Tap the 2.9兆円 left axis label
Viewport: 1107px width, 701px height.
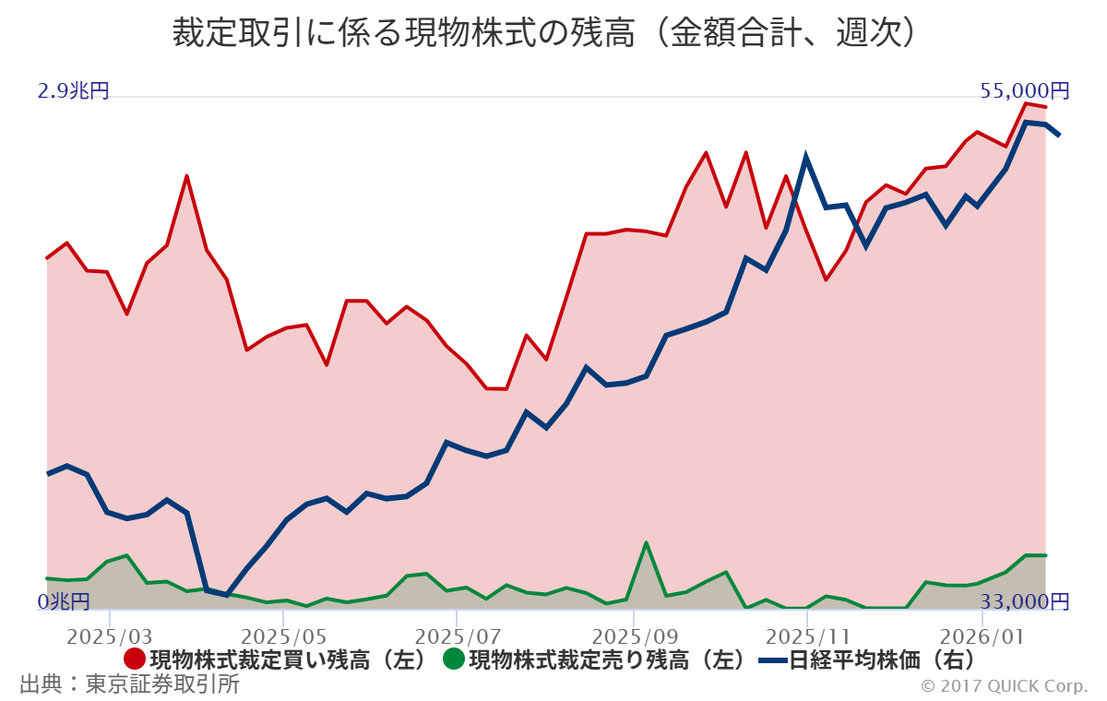pyautogui.click(x=73, y=91)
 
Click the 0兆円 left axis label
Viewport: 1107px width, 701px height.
pyautogui.click(x=64, y=602)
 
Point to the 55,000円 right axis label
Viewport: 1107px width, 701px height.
pyautogui.click(x=1025, y=90)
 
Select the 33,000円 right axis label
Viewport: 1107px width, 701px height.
pyautogui.click(x=1025, y=602)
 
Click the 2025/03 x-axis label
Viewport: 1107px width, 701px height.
pyautogui.click(x=110, y=636)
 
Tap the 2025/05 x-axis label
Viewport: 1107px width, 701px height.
pyautogui.click(x=283, y=636)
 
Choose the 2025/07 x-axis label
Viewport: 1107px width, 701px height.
pyautogui.click(x=458, y=636)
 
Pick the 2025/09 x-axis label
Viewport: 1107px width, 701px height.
pyautogui.click(x=633, y=636)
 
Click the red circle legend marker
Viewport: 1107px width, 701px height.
pyautogui.click(x=134, y=660)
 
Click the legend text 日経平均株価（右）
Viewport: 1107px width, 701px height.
pyautogui.click(x=882, y=660)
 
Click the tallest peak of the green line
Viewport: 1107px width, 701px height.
pyautogui.click(x=647, y=542)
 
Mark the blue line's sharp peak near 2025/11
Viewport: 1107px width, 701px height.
pyautogui.click(x=806, y=158)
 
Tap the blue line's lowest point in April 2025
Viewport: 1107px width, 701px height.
pyautogui.click(x=226, y=595)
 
